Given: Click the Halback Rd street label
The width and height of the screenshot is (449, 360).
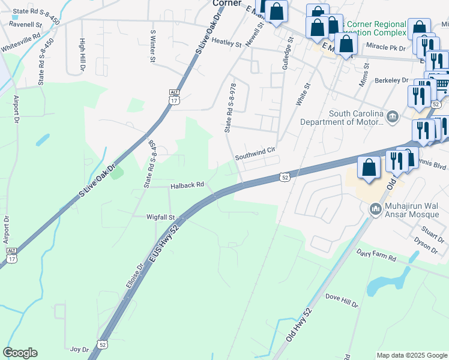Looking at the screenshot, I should click(187, 185).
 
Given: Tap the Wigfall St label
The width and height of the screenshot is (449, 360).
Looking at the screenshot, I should click(160, 217).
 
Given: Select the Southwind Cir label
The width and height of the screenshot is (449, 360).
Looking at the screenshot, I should click(255, 153).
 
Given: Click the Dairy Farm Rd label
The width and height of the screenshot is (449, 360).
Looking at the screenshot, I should click(376, 255).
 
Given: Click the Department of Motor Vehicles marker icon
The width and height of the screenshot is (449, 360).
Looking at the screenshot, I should click(392, 116).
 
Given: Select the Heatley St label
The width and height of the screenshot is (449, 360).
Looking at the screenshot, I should click(226, 43).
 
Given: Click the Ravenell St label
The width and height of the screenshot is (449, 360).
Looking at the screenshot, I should click(25, 25).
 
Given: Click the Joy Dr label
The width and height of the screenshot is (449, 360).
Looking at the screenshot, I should click(79, 349).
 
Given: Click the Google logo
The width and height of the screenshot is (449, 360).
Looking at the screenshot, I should click(20, 353).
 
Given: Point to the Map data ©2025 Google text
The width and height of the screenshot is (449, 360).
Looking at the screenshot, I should click(411, 355).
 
